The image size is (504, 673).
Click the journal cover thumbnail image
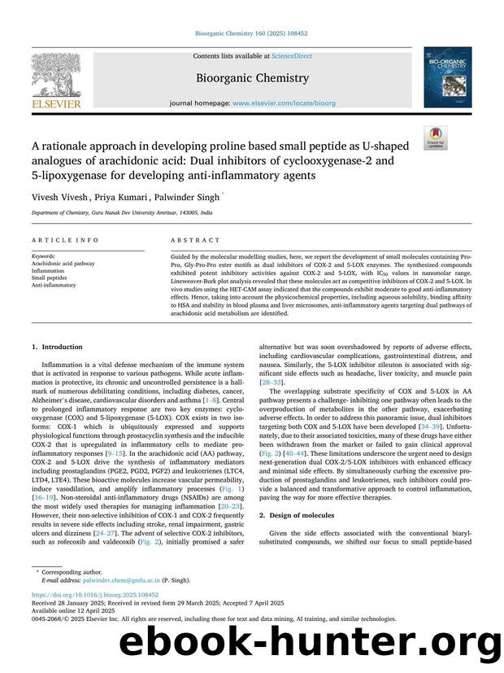(x=446, y=76)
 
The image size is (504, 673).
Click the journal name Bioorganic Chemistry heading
(x=251, y=78)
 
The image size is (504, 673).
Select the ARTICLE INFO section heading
(x=66, y=240)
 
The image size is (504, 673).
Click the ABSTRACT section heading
(x=195, y=240)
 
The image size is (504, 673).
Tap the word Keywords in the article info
(x=44, y=257)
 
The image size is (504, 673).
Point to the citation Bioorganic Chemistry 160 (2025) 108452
(x=251, y=34)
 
